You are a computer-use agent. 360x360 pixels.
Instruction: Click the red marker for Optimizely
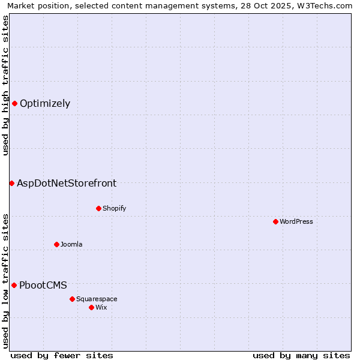click(x=14, y=103)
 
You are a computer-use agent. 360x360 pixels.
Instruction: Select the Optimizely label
click(x=45, y=103)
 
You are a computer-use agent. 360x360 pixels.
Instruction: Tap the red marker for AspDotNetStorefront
click(x=11, y=183)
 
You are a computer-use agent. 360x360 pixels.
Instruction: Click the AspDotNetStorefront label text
click(x=67, y=183)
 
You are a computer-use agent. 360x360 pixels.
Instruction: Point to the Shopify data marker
click(x=98, y=208)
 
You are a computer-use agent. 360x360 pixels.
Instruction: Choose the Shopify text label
click(x=114, y=208)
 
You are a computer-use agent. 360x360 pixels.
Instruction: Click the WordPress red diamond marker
click(x=275, y=221)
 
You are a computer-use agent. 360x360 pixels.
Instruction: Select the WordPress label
click(x=296, y=221)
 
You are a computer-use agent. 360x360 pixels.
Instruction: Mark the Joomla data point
click(x=56, y=244)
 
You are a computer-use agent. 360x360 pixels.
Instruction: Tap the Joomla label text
click(x=71, y=244)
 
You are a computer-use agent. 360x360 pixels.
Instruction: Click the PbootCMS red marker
click(x=14, y=285)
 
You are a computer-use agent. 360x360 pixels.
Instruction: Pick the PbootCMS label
click(x=43, y=285)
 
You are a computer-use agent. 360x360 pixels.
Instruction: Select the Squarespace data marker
click(x=72, y=299)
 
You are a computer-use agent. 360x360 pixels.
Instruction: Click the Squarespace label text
click(x=97, y=299)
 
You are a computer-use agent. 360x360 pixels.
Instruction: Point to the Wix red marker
click(x=91, y=307)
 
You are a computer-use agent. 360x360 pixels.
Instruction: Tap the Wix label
click(x=101, y=307)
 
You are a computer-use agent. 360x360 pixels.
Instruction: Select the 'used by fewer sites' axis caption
click(x=62, y=355)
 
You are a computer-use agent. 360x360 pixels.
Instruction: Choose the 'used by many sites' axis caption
click(x=301, y=355)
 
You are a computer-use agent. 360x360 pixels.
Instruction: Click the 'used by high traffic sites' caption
click(x=6, y=85)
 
